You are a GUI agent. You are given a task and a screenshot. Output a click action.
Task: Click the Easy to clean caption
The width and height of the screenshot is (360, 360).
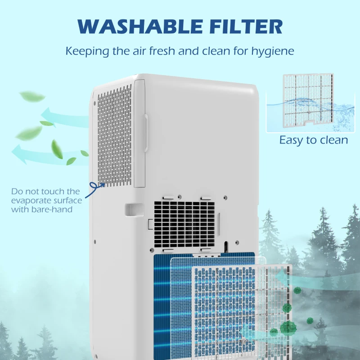(314, 140)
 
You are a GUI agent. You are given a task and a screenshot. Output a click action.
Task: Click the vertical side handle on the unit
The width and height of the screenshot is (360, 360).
(145, 130)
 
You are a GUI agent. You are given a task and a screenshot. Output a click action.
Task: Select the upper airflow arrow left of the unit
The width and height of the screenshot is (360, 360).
(63, 117)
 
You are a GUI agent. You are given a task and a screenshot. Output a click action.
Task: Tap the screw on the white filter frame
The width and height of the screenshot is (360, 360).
(244, 342)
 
